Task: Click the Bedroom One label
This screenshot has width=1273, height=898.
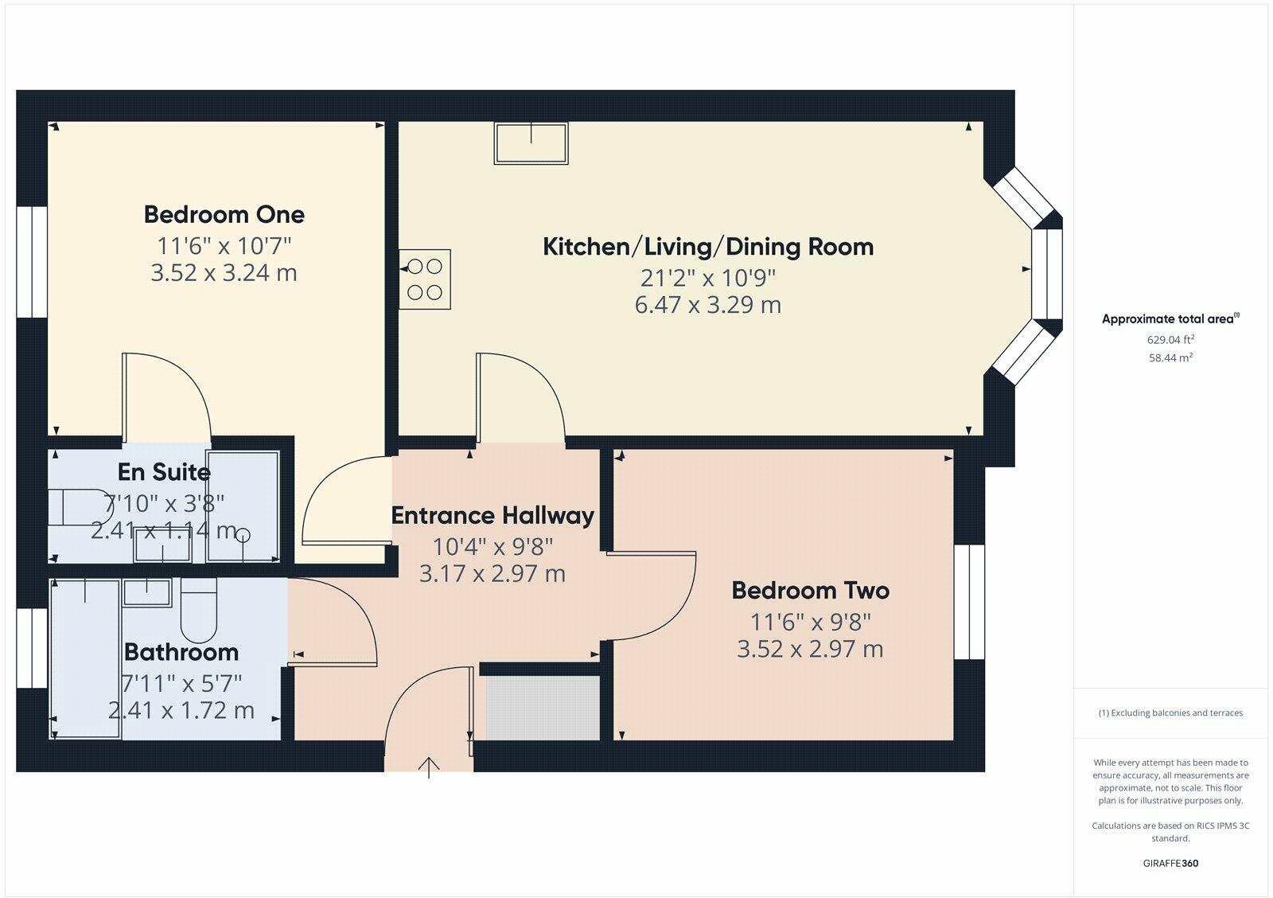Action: (x=224, y=214)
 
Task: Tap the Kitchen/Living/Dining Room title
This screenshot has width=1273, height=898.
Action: (x=707, y=247)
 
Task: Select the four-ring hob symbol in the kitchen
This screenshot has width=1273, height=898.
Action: (x=425, y=279)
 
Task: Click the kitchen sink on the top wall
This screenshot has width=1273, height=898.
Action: (x=531, y=143)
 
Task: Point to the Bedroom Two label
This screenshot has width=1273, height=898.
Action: (x=810, y=591)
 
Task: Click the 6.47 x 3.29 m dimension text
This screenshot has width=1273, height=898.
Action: (x=707, y=305)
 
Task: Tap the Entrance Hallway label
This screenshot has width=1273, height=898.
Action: (x=492, y=516)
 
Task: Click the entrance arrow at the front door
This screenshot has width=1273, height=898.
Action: (x=429, y=767)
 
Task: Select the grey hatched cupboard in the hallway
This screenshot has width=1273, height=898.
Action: (x=543, y=708)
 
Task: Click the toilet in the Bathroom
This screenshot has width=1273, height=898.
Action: (x=198, y=610)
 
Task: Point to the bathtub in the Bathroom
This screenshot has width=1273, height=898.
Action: (x=85, y=658)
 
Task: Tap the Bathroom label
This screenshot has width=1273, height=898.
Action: (x=181, y=652)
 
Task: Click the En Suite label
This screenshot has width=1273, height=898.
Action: (x=164, y=472)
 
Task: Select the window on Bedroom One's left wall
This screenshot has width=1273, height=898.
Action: (x=33, y=262)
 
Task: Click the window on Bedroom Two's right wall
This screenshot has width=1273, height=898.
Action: (x=969, y=602)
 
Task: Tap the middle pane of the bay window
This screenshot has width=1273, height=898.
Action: (x=1048, y=274)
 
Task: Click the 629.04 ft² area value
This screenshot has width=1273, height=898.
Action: (x=1170, y=339)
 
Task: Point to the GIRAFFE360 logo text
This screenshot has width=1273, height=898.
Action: (x=1170, y=863)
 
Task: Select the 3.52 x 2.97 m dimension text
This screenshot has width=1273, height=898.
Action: (x=810, y=650)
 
